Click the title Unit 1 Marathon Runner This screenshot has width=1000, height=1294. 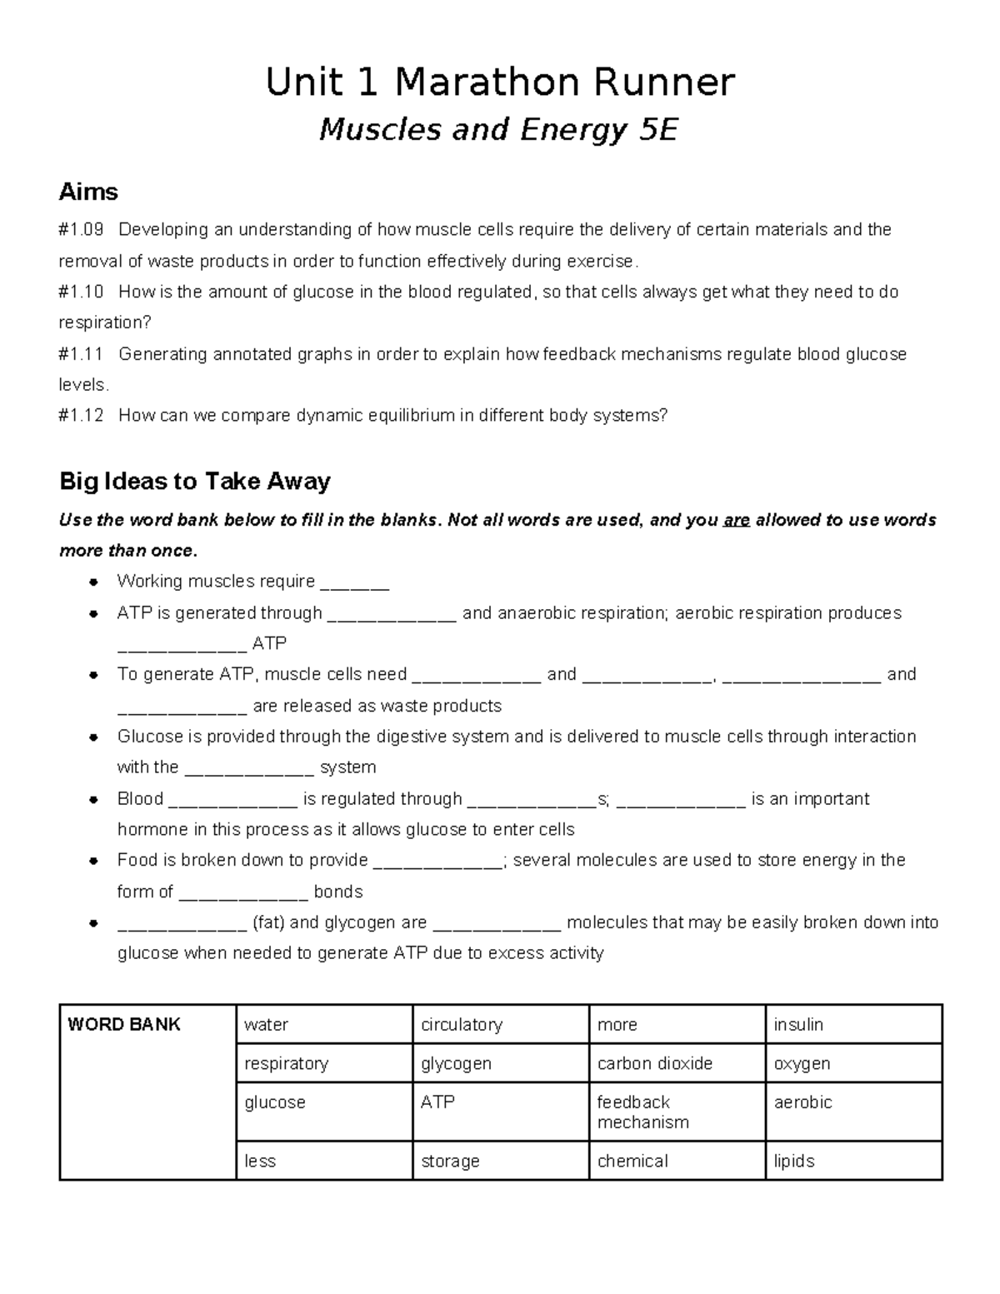500,82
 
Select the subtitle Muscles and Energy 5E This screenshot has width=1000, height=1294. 498,130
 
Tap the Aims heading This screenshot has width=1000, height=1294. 87,192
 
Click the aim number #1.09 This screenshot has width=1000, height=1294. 81,230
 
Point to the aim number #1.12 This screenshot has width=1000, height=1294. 81,416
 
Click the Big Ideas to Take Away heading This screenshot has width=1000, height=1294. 195,482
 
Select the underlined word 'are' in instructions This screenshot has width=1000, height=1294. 737,521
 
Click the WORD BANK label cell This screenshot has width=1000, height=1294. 125,1025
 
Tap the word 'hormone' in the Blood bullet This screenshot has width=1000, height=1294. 152,830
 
